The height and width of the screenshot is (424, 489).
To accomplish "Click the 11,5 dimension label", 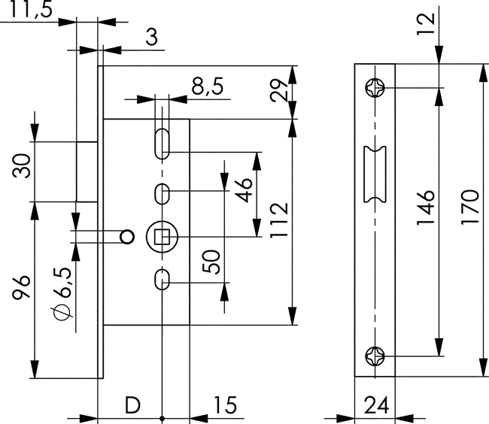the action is [x=31, y=9].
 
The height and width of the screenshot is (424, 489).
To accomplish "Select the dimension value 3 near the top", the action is [x=152, y=37].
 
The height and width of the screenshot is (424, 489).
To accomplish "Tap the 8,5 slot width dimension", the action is [x=208, y=86].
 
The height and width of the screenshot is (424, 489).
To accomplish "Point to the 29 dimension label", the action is [x=279, y=91].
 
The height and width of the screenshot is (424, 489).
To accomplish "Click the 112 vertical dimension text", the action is [x=279, y=220].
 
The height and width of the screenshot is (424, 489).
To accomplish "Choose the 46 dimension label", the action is [x=244, y=190].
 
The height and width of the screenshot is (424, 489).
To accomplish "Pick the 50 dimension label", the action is [x=211, y=262].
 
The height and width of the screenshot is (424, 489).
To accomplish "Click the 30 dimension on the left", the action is [x=22, y=165].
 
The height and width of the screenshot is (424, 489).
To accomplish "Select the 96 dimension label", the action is [x=21, y=287].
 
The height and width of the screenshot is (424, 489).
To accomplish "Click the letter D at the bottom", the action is [x=132, y=405].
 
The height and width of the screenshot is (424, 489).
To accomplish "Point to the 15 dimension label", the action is [x=225, y=405].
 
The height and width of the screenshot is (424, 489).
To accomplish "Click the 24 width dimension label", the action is [x=376, y=405].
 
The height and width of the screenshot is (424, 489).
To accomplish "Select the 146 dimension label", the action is [x=426, y=207].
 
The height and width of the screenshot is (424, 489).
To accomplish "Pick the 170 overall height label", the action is [x=469, y=207].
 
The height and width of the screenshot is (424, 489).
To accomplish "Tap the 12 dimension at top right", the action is [x=426, y=24].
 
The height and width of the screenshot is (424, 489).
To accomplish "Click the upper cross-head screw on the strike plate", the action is [x=375, y=87].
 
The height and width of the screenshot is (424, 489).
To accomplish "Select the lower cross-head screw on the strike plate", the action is [x=375, y=356].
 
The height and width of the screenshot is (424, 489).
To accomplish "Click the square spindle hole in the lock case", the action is [x=162, y=237].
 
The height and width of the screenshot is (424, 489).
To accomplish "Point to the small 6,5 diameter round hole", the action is [x=127, y=237].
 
